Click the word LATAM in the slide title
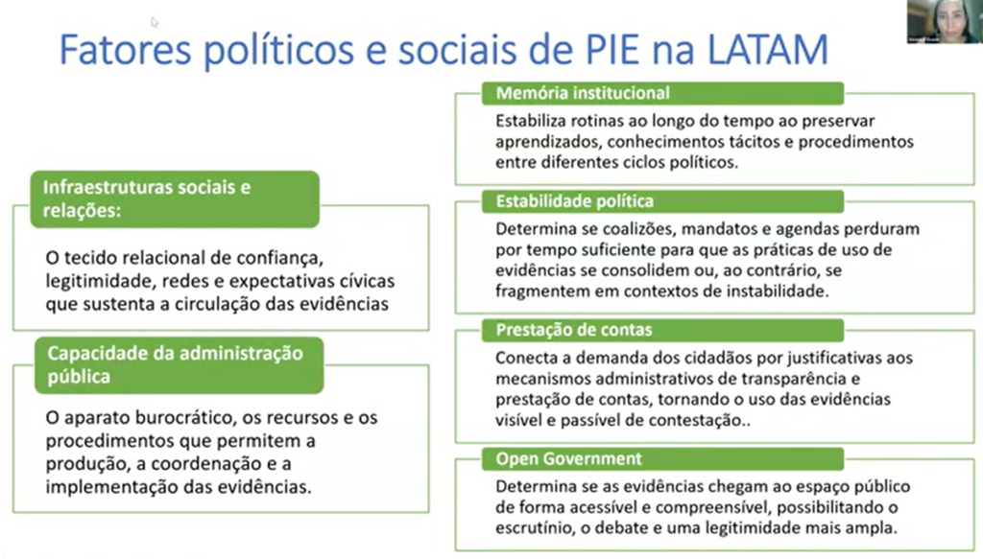coord(768,50)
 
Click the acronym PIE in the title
coord(610,50)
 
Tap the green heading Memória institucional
coord(583,93)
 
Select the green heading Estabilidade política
coord(574,201)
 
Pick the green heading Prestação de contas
coord(574,330)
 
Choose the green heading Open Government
coord(568,459)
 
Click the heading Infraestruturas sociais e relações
coord(147,198)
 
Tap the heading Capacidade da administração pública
coord(175,365)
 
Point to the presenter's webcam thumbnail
coord(945,21)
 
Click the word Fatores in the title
coord(125,50)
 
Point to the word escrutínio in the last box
coord(535,528)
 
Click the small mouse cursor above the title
coord(155,23)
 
